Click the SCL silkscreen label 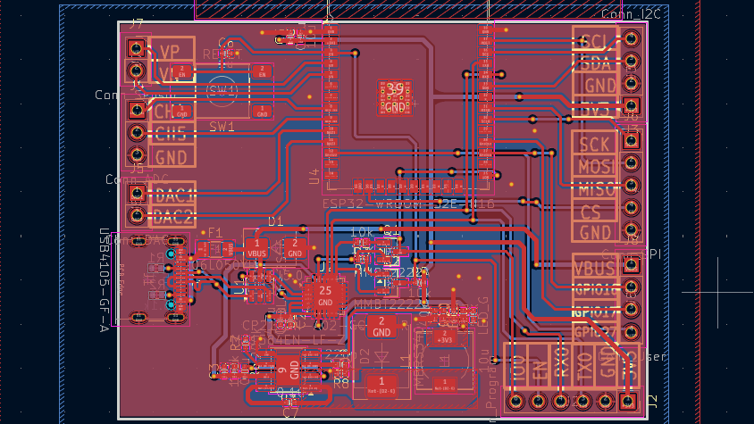(595, 40)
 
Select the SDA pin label (595, 63)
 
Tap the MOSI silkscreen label (597, 166)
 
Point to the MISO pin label (597, 188)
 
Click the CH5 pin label (171, 134)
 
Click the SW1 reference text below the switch (222, 127)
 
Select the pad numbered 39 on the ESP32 (395, 95)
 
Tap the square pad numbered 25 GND (325, 295)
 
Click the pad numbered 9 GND (281, 367)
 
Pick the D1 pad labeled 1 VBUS (257, 248)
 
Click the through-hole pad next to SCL (632, 39)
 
